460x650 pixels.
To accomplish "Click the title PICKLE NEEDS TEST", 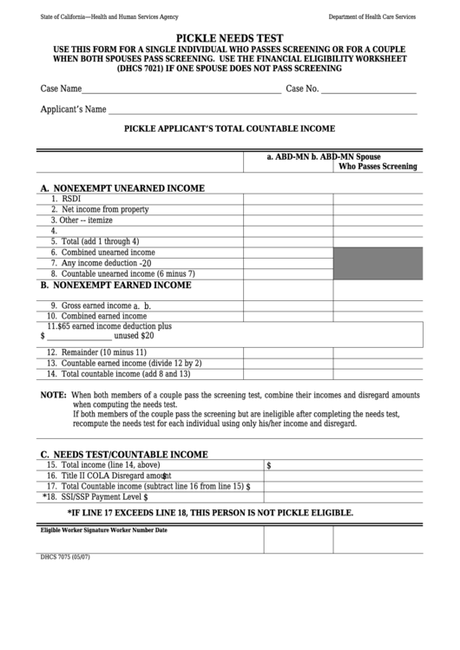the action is coord(230,39).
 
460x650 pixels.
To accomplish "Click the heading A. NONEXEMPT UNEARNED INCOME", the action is coord(122,187).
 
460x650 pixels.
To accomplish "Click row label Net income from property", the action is coord(99,209).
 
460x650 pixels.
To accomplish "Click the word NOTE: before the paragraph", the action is coord(54,394).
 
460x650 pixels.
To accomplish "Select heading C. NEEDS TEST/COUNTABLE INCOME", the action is coord(124,454).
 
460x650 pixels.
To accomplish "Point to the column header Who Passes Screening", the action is coord(377,167).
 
